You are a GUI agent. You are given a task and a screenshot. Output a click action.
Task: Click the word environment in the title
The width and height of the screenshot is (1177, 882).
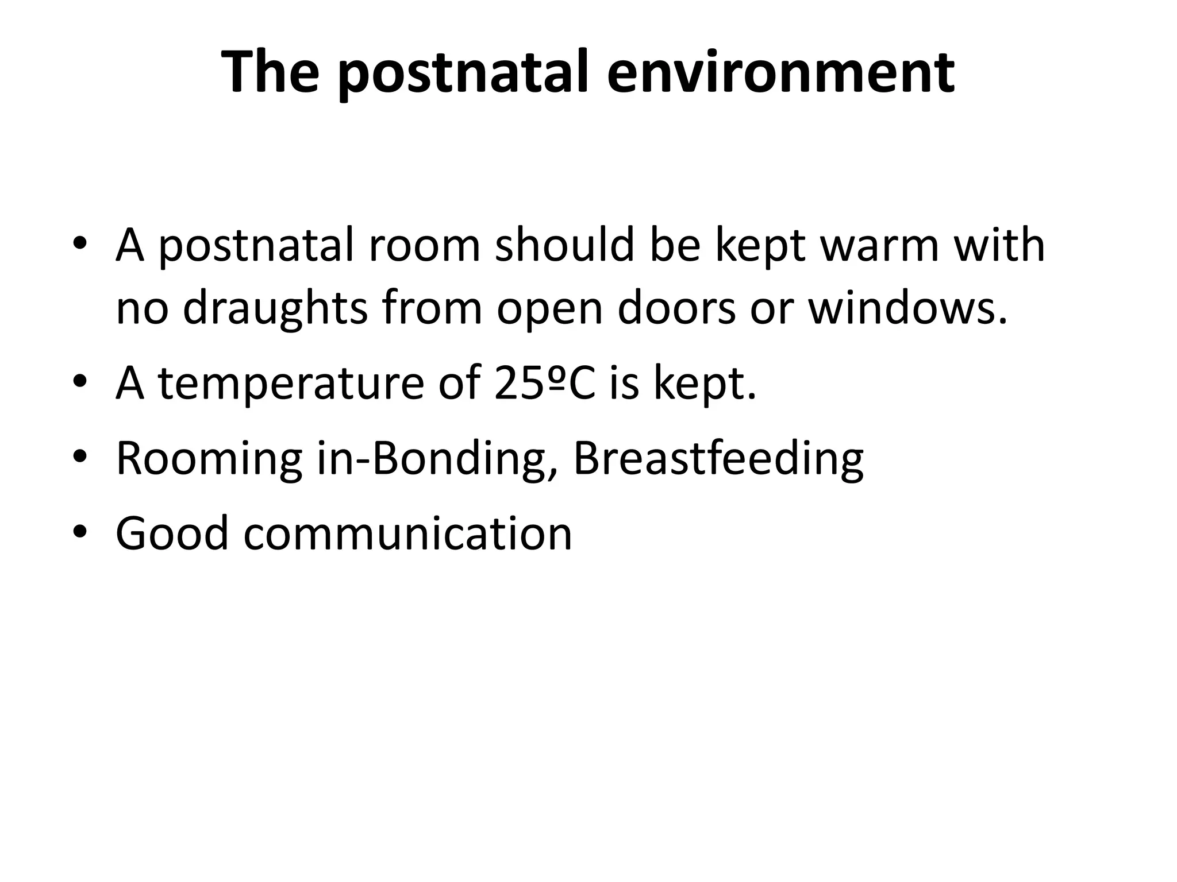coord(780,73)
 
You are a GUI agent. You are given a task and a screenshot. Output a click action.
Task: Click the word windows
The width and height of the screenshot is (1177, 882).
coord(908,308)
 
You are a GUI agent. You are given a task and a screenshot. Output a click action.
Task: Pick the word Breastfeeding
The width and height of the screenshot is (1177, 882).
coord(718,459)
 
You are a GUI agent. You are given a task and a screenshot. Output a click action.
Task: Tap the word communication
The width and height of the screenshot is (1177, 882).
coord(408,534)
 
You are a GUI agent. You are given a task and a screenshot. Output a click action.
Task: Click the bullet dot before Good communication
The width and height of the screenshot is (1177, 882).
coord(80,532)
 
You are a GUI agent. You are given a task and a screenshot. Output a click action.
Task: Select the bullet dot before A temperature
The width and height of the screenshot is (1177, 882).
coord(80,382)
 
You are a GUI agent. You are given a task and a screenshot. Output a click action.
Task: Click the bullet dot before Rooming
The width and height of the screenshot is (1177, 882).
coord(80,457)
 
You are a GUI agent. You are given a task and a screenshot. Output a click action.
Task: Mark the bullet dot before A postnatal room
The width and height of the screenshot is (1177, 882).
coord(80,244)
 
